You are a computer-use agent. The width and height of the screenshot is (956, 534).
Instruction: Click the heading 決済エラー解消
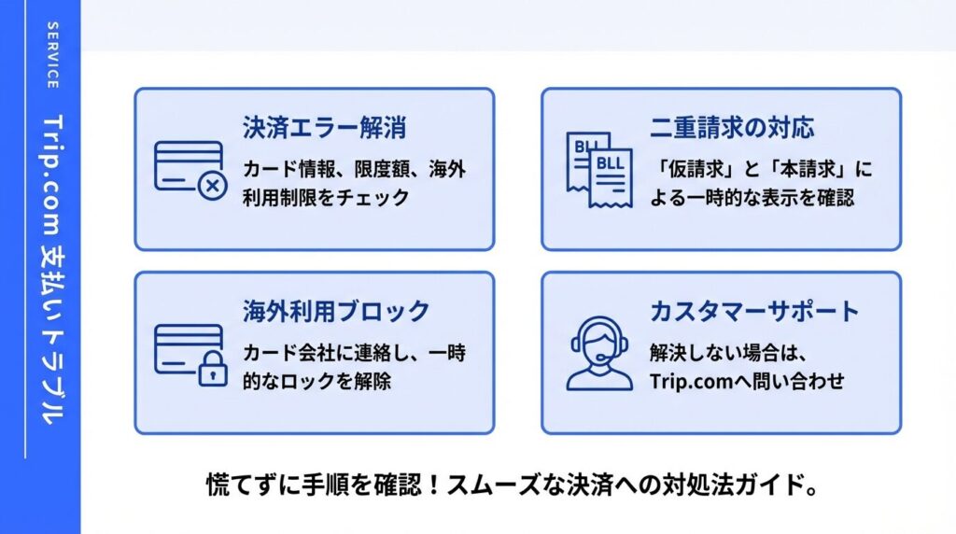point(324,128)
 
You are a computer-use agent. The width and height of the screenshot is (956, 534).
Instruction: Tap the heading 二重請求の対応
point(732,128)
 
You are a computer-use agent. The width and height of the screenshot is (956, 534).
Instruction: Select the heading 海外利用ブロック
point(336,312)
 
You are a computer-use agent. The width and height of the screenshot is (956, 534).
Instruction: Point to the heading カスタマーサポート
point(754,312)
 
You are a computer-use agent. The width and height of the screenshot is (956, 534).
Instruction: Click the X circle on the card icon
point(213,186)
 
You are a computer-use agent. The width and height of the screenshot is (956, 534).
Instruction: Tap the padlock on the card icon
point(213,368)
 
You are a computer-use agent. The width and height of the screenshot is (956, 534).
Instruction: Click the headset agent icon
point(599,354)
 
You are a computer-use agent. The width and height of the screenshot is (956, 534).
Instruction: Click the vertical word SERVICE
point(53,55)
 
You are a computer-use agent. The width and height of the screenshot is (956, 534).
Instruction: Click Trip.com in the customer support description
point(691,382)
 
